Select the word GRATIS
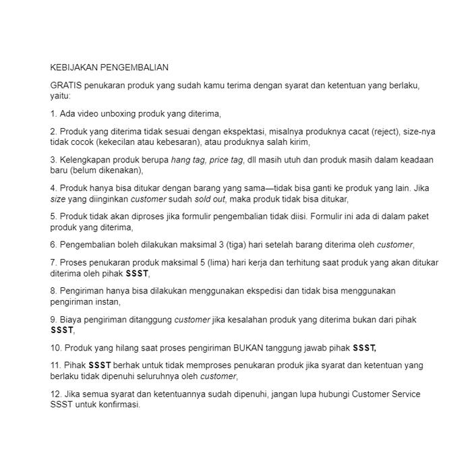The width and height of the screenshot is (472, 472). (65, 86)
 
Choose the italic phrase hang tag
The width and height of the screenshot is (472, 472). (189, 160)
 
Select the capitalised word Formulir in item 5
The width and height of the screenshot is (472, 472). (327, 217)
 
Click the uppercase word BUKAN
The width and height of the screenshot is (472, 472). (249, 348)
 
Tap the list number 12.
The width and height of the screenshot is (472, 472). (55, 394)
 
